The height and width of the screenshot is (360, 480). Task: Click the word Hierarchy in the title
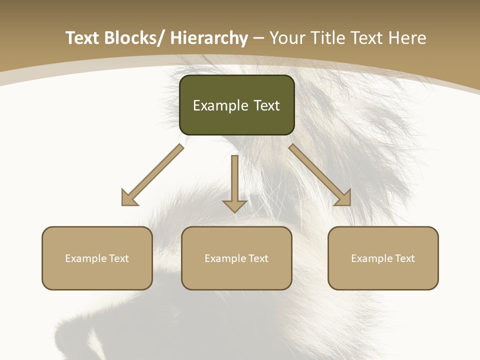[x=209, y=38]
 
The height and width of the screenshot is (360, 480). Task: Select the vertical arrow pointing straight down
[x=234, y=182]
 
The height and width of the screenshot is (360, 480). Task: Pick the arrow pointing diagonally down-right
[x=320, y=175]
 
